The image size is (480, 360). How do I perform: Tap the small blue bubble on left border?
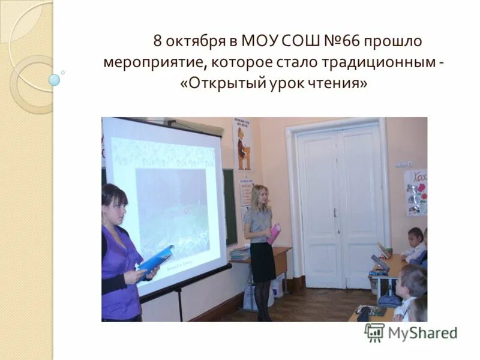55,80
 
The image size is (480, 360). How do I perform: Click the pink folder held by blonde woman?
274,233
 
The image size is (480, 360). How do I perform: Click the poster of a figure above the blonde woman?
243,145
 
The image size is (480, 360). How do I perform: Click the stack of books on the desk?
240,254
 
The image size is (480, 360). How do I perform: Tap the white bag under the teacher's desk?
277,287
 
